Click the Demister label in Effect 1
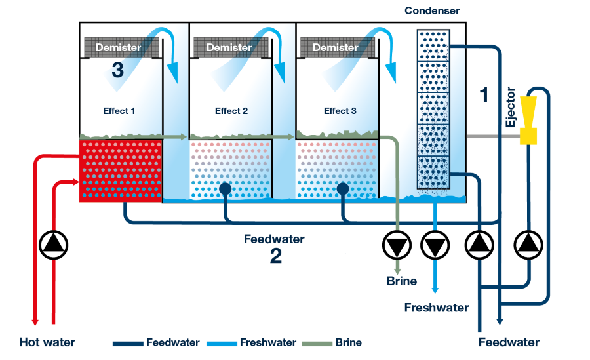point(118,47)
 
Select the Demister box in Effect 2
point(229,47)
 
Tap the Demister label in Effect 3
point(335,47)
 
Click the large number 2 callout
point(276,256)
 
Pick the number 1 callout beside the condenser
point(484,96)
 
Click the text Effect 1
point(119,111)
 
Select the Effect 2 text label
point(231,111)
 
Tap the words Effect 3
point(340,111)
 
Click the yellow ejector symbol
point(528,121)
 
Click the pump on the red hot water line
point(54,245)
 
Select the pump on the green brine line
point(397,246)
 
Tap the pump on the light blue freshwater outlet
point(434,246)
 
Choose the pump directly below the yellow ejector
point(529,245)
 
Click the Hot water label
point(47,342)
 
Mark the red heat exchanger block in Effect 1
point(120,171)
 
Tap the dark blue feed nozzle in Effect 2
point(226,189)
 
